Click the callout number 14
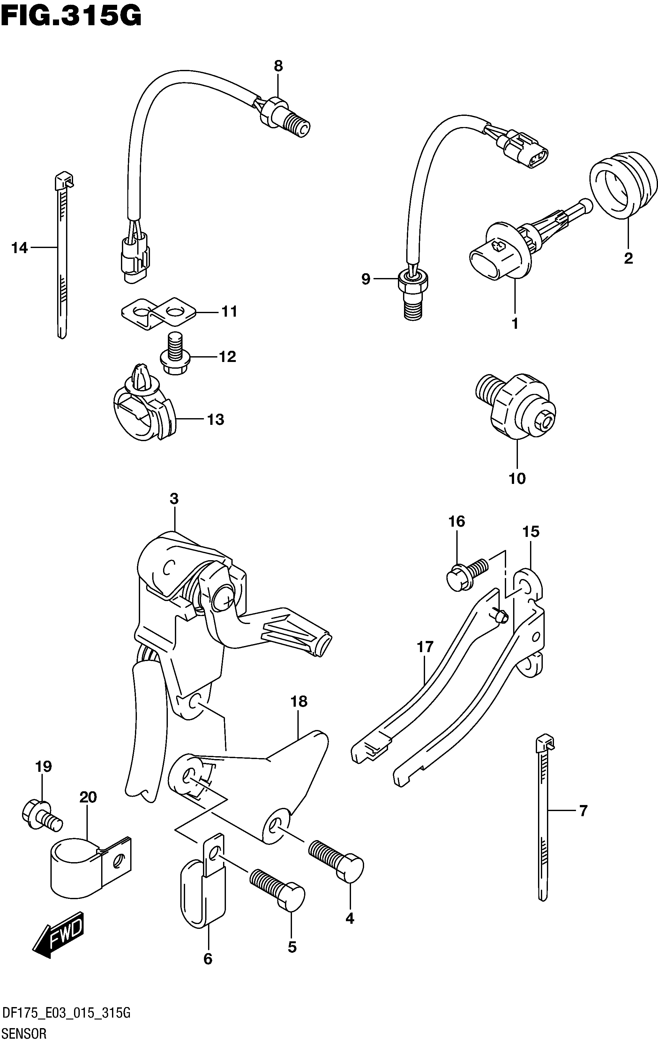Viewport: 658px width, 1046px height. click(19, 248)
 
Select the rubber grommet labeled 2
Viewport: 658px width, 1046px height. click(623, 184)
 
